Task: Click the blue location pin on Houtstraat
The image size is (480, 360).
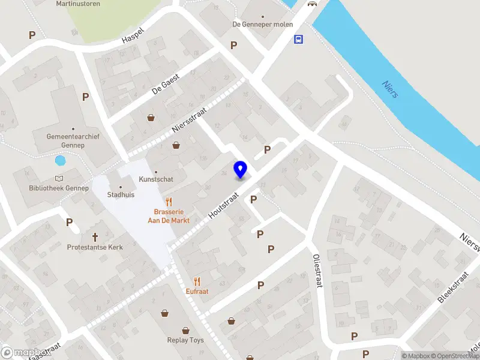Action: click(240, 169)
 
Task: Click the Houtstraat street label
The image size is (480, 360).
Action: click(224, 205)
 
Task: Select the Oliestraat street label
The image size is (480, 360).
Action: click(317, 270)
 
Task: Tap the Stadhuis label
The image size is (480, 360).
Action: click(121, 194)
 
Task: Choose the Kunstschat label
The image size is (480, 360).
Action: click(155, 179)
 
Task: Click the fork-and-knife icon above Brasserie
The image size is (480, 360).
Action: click(169, 202)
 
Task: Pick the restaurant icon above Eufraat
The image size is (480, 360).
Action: click(197, 281)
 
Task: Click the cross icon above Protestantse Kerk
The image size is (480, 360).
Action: click(95, 237)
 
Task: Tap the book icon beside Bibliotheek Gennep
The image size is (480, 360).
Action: click(59, 179)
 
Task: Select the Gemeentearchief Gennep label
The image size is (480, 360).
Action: click(73, 140)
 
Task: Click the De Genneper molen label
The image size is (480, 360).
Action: click(262, 25)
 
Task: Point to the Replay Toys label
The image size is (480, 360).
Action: click(185, 340)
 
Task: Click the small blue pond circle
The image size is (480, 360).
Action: click(60, 160)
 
